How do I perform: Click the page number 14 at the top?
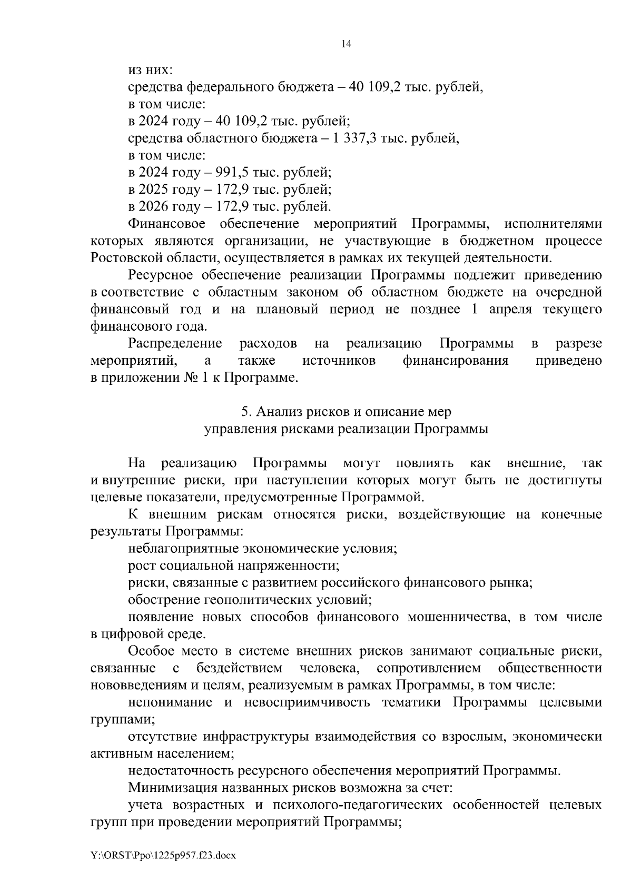pos(346,44)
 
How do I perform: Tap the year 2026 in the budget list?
pos(153,207)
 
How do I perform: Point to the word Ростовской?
pos(122,258)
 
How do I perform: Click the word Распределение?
pos(175,344)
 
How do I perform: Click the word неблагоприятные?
pos(183,549)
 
